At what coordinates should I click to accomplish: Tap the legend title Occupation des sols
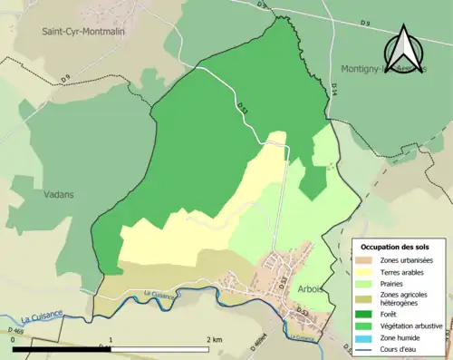[x=396, y=247]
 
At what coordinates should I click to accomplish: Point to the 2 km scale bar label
[x=214, y=339]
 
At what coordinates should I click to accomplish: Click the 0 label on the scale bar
[x=14, y=339]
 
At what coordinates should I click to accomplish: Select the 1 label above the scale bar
[x=111, y=339]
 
